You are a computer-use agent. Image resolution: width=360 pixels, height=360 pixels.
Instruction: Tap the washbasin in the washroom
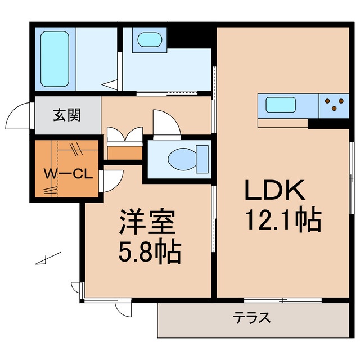click(148, 40)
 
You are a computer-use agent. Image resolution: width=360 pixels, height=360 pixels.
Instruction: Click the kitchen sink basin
click(281, 105)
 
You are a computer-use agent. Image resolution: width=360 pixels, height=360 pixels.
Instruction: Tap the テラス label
click(251, 318)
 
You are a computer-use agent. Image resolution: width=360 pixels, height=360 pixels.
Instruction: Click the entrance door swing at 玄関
click(19, 117)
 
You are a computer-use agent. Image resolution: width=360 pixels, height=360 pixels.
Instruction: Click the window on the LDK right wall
click(352, 179)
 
